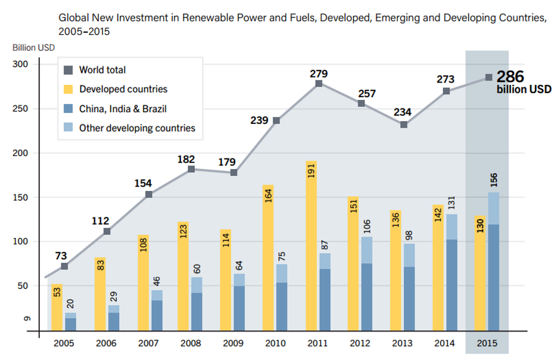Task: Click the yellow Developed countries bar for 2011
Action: click(x=311, y=247)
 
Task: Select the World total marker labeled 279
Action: click(x=319, y=84)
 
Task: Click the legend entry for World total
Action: click(x=102, y=70)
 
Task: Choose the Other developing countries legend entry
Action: click(x=137, y=128)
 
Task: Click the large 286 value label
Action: click(x=509, y=77)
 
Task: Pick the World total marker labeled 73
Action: click(x=64, y=266)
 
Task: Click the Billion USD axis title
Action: click(x=34, y=47)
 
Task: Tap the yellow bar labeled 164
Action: click(x=268, y=258)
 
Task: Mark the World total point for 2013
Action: click(x=404, y=125)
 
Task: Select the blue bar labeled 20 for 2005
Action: click(x=70, y=322)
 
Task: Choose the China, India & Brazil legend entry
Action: click(x=122, y=109)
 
